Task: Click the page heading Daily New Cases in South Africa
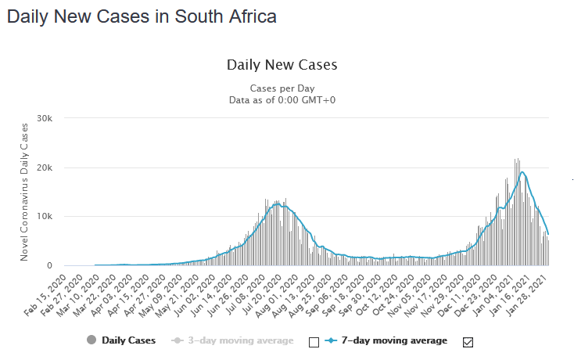(142, 16)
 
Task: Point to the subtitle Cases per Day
(282, 88)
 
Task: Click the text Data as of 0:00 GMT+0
(282, 100)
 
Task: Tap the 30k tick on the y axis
(45, 119)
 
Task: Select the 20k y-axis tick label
(45, 167)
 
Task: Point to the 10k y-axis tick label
(45, 217)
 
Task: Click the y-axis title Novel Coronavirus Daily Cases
(24, 191)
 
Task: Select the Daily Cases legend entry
(128, 340)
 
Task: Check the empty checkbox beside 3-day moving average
(314, 341)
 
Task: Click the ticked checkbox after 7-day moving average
(468, 341)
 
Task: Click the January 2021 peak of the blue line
(522, 172)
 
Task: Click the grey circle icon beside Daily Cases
(91, 340)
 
